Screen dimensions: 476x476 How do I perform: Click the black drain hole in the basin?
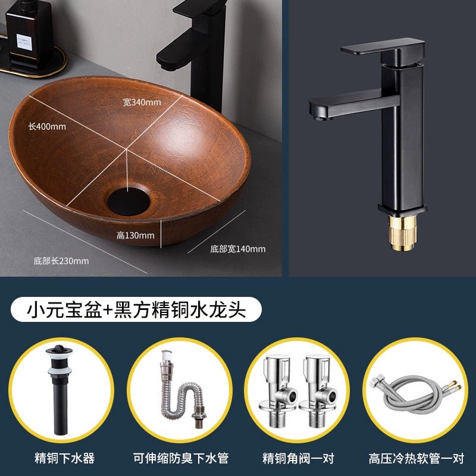point(129,201)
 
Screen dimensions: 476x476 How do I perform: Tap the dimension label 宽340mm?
point(142,102)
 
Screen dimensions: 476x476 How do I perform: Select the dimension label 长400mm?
point(47,126)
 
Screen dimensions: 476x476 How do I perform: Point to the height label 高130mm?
point(136,235)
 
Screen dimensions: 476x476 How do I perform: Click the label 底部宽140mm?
point(237,249)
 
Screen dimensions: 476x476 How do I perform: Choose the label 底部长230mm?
point(61,261)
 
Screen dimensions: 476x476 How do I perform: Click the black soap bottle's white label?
point(24,42)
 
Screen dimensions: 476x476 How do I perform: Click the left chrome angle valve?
point(278,391)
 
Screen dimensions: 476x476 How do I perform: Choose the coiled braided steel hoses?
point(416,394)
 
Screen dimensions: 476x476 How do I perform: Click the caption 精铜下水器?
point(64,458)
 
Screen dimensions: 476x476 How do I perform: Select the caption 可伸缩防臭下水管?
point(181,458)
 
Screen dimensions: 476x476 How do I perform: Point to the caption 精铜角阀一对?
point(298,458)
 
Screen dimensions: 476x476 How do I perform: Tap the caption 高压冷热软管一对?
point(416,458)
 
